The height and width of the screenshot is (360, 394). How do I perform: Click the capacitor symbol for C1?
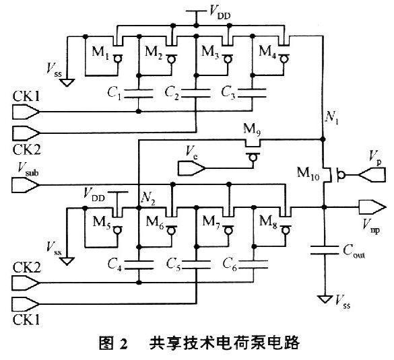coord(139,93)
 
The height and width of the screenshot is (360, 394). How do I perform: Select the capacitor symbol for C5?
coord(196,265)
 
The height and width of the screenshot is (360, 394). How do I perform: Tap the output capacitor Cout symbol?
coord(325,250)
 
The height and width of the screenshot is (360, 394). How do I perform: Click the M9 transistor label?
coord(251,130)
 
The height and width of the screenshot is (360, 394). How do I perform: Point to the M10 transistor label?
coord(308,173)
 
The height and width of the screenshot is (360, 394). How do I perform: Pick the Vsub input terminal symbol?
coord(26,185)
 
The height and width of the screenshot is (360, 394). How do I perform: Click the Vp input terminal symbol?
coord(372,174)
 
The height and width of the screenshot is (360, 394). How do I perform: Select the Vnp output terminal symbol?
coord(372,207)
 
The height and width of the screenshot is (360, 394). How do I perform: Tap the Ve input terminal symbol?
coord(192,168)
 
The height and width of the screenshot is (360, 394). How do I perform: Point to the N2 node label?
coord(148,199)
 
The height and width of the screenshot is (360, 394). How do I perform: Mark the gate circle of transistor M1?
coord(117,59)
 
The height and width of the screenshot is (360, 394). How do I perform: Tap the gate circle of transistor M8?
coord(285,230)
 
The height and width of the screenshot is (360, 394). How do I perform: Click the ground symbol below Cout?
coord(325,299)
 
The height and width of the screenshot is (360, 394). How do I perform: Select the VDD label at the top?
coord(220,12)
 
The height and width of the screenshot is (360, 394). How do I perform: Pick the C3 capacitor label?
coord(228,92)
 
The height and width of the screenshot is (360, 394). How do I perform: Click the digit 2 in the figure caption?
coord(124,344)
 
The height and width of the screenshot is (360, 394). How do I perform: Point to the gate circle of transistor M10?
coord(341,174)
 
